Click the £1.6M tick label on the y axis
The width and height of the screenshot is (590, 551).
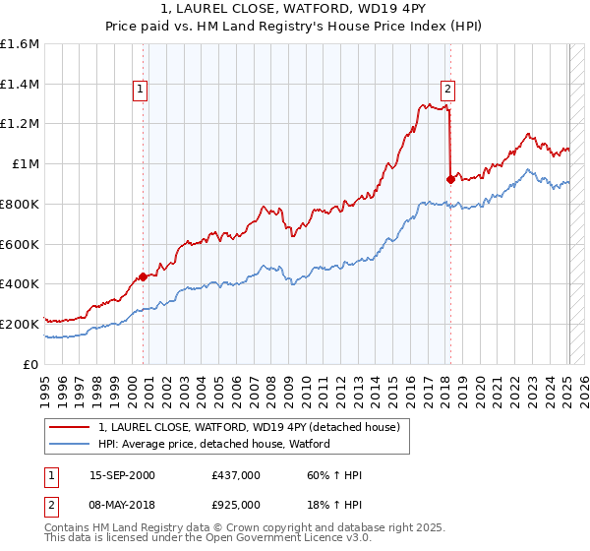point(20,44)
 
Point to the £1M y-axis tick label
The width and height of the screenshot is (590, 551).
point(26,164)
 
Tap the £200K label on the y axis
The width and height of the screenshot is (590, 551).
point(20,324)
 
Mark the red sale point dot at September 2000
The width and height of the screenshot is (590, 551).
point(143,276)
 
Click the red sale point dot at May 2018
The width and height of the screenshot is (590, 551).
point(450,179)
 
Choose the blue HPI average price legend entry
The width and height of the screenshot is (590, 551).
point(213,444)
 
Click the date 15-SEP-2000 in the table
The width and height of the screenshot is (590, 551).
point(122,475)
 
